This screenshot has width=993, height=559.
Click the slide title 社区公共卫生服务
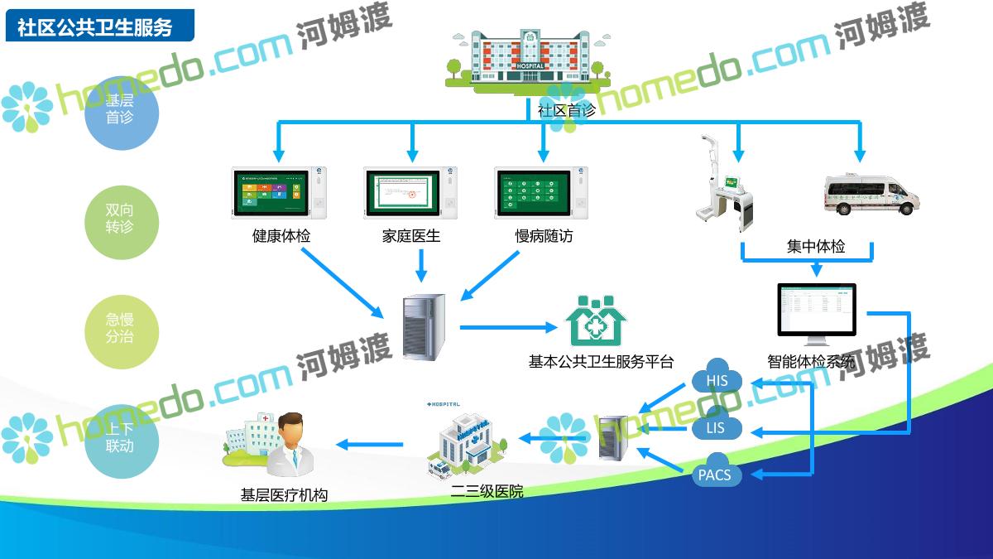coord(95,27)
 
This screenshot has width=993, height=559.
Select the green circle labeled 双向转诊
coord(120,219)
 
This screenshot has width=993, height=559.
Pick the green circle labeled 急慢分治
coord(120,328)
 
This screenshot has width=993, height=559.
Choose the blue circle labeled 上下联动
coord(120,437)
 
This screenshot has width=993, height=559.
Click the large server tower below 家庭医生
coord(423,326)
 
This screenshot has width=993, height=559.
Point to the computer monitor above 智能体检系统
coord(816,310)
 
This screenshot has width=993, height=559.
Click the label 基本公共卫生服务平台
coord(601,362)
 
